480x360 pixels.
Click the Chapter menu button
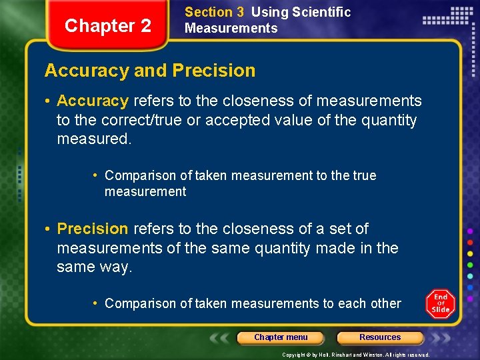[x=281, y=337]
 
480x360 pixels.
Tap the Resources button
[x=380, y=337]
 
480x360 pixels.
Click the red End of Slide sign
[x=441, y=304]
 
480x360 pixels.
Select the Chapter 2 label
[x=108, y=26]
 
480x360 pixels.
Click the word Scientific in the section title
[x=320, y=12]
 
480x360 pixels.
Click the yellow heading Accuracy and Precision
[x=149, y=71]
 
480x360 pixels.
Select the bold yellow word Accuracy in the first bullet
[x=93, y=101]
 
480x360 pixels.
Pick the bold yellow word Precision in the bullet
[x=93, y=229]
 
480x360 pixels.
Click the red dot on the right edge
[x=470, y=242]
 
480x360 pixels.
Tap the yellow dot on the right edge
[x=470, y=253]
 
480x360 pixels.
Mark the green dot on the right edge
[x=470, y=265]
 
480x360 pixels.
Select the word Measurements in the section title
[x=231, y=28]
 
